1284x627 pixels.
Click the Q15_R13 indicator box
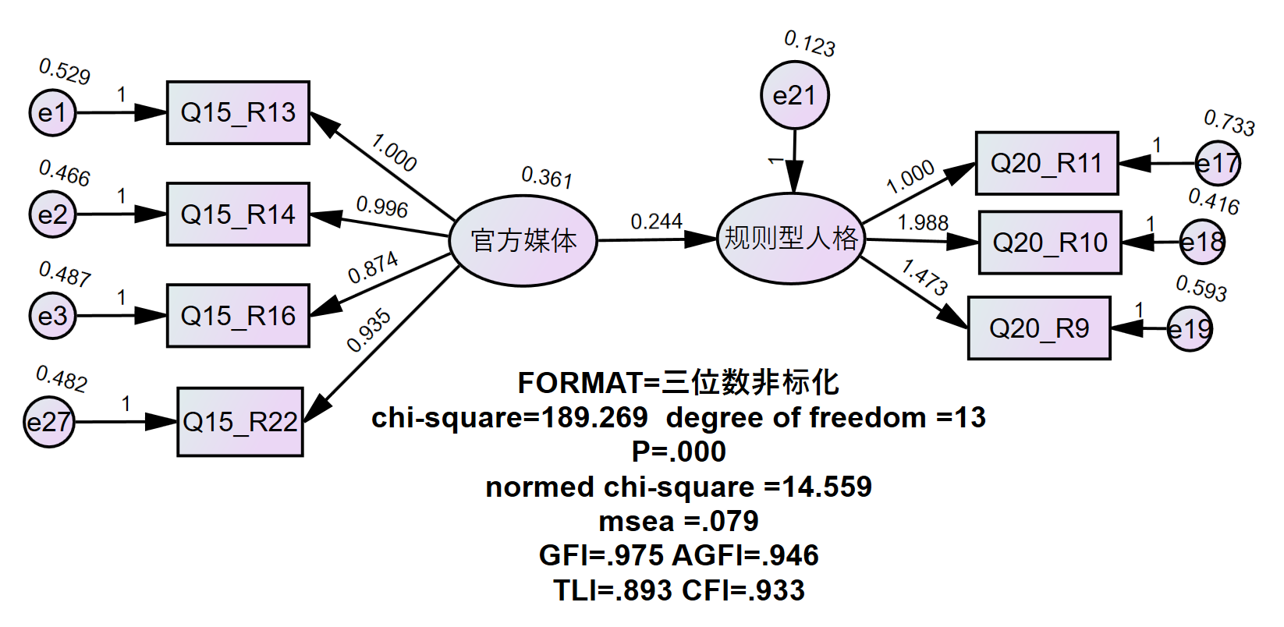(x=238, y=112)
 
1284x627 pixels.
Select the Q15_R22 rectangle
(x=240, y=422)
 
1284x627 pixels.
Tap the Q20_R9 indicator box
(x=1039, y=328)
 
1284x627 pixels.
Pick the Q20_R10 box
(x=1050, y=243)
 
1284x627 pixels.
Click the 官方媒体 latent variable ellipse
(x=523, y=240)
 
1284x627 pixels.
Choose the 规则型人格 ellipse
(x=790, y=239)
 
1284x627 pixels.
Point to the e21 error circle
(x=795, y=96)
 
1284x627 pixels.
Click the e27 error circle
(x=48, y=422)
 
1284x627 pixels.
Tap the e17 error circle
(x=1218, y=164)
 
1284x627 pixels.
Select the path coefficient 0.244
(x=656, y=222)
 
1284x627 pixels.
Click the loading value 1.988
(x=922, y=223)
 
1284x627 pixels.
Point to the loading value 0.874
(x=373, y=267)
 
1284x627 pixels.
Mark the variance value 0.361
(x=547, y=178)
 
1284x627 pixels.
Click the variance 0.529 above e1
(x=65, y=72)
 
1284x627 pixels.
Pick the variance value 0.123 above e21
(x=810, y=44)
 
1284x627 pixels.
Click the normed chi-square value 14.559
(x=827, y=487)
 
